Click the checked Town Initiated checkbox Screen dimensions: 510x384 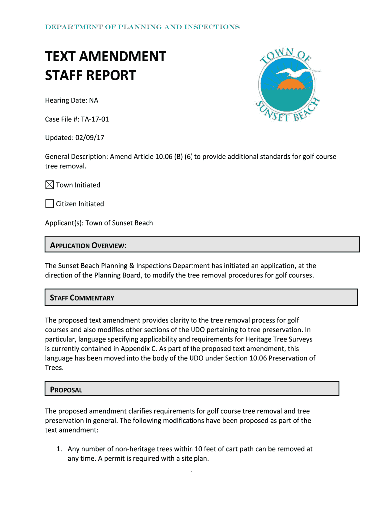pyautogui.click(x=50, y=185)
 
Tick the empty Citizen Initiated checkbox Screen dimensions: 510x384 pyautogui.click(x=50, y=204)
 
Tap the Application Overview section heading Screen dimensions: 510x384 pyautogui.click(x=88, y=245)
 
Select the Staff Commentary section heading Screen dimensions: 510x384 pyautogui.click(x=82, y=298)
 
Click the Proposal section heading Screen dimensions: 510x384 pyautogui.click(x=66, y=390)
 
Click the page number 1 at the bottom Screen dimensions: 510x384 pyautogui.click(x=192, y=474)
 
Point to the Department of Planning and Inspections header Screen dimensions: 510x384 pyautogui.click(x=143, y=27)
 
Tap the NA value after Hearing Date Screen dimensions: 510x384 pyautogui.click(x=94, y=100)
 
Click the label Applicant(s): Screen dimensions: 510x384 pyautogui.click(x=64, y=223)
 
